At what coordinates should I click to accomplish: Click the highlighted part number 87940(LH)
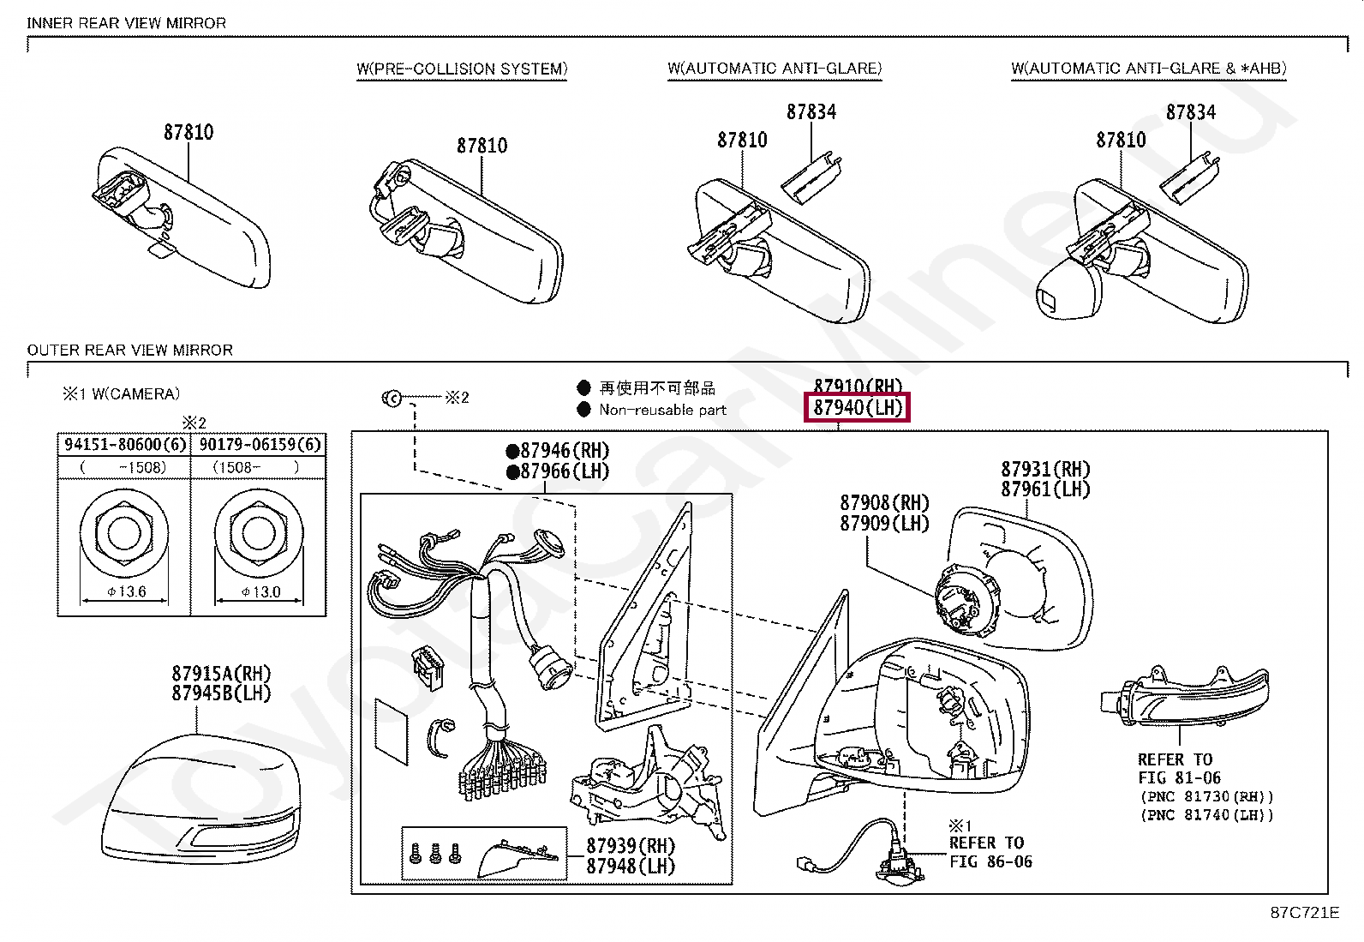click(x=857, y=408)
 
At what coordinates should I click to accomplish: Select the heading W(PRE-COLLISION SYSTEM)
click(x=462, y=69)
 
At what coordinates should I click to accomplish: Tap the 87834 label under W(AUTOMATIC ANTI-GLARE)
click(x=811, y=111)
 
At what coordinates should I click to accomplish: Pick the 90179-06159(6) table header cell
click(x=260, y=444)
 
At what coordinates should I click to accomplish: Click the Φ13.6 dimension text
click(x=126, y=591)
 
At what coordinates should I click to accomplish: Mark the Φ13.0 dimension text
click(x=260, y=591)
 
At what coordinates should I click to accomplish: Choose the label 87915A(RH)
click(x=221, y=673)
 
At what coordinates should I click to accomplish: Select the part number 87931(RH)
click(x=1045, y=469)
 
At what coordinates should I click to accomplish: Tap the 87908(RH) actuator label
click(x=884, y=502)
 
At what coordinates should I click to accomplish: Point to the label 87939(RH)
click(x=630, y=845)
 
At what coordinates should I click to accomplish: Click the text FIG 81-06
click(x=1179, y=777)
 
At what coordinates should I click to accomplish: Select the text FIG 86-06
click(x=990, y=861)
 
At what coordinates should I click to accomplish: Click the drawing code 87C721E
click(x=1303, y=913)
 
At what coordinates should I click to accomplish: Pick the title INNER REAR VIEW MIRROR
click(x=127, y=23)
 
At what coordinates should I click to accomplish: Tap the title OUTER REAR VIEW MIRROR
click(x=130, y=350)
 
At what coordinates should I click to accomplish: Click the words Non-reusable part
click(x=662, y=410)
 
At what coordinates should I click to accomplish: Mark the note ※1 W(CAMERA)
click(x=121, y=394)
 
